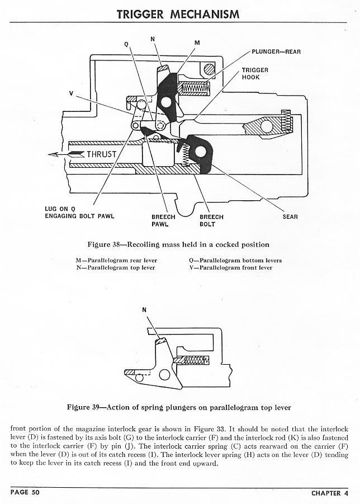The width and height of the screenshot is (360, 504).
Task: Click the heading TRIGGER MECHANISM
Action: point(178,14)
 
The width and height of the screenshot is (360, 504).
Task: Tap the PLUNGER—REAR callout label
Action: point(276,52)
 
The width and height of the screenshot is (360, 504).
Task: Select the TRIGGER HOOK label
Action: point(255,74)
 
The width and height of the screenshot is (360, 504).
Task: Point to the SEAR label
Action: point(290,217)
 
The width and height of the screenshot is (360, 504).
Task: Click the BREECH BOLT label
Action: point(211,220)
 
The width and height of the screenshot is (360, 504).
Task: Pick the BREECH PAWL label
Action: point(163,220)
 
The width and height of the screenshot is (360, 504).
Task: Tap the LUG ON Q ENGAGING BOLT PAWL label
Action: point(79,213)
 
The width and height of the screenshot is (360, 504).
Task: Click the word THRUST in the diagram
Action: point(101,154)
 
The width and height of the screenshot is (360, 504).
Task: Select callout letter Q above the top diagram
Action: point(126,44)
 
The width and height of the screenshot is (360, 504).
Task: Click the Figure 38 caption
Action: point(178,244)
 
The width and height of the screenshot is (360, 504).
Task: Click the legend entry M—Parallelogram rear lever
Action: point(116,260)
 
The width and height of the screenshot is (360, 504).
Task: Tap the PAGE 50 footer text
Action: point(25,493)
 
